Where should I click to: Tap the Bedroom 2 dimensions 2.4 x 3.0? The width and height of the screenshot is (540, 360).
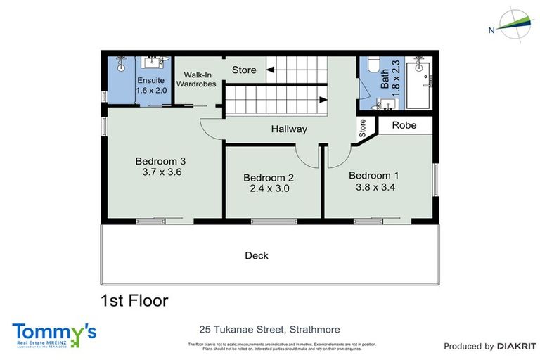(269, 188)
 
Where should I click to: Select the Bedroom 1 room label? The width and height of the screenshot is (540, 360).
(373, 175)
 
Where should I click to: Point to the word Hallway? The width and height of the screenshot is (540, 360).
(289, 129)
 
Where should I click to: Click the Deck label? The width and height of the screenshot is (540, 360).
(257, 255)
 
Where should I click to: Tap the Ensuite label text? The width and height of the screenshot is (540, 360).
(151, 81)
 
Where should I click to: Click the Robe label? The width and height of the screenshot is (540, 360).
(404, 125)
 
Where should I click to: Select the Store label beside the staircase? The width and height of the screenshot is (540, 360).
(244, 70)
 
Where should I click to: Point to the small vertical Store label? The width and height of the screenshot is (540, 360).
(364, 128)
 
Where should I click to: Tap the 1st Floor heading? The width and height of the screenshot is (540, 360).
(135, 301)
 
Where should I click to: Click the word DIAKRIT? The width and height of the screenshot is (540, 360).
(517, 346)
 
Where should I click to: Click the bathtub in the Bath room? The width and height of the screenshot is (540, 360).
(418, 84)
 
